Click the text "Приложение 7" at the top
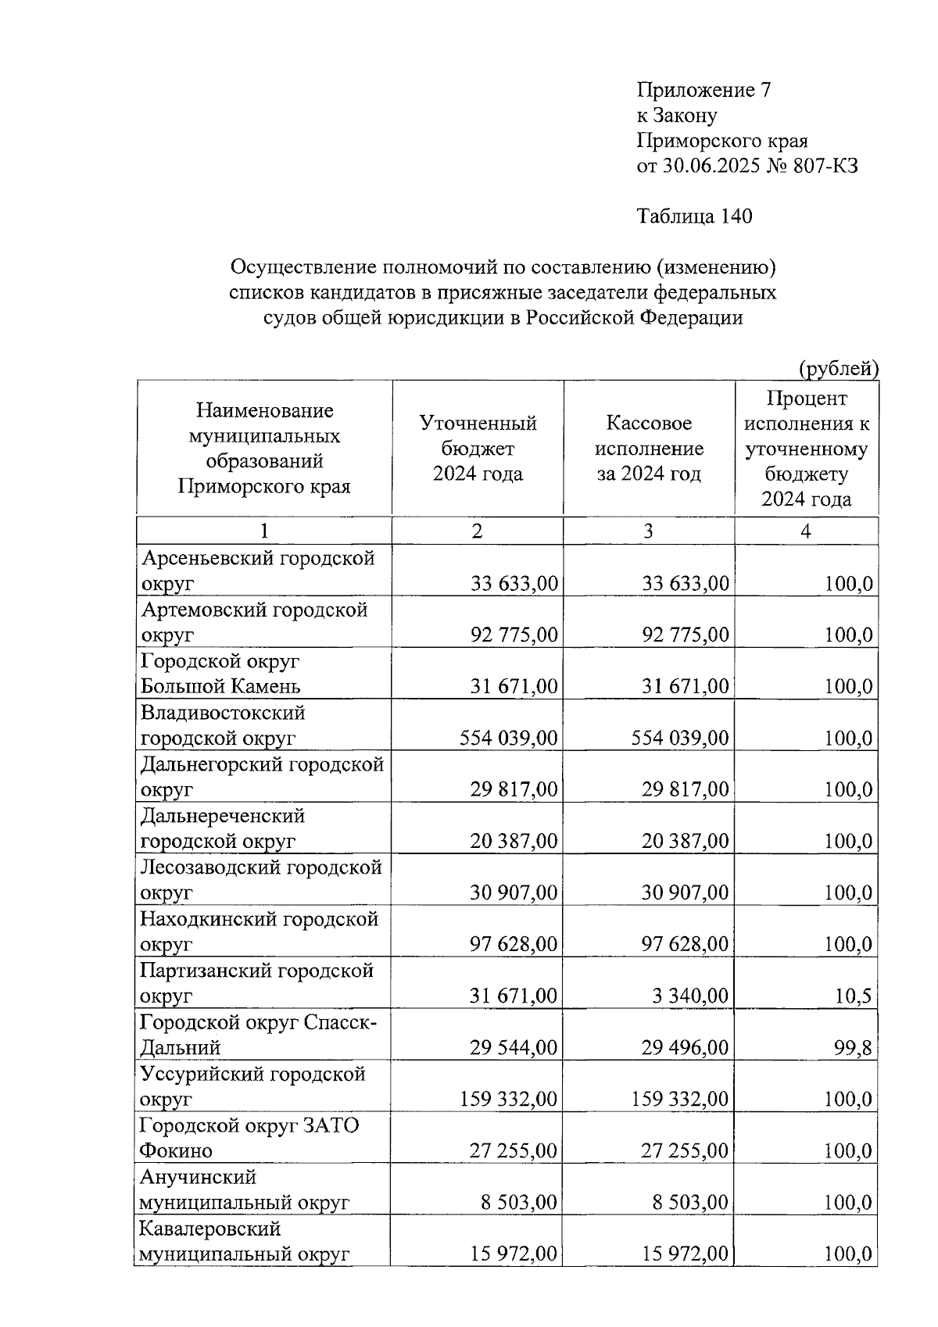pyautogui.click(x=704, y=91)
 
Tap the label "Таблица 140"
pyautogui.click(x=694, y=216)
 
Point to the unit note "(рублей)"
pyautogui.click(x=839, y=368)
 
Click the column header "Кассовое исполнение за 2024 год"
pyautogui.click(x=649, y=449)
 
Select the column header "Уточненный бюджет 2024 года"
pyautogui.click(x=478, y=449)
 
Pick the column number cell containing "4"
pyautogui.click(x=806, y=531)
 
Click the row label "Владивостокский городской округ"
pyautogui.click(x=223, y=725)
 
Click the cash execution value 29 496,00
pyautogui.click(x=685, y=1047)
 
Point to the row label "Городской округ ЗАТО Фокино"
pyautogui.click(x=249, y=1138)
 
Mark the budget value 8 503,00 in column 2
pyautogui.click(x=519, y=1202)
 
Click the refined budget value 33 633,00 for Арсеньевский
pyautogui.click(x=514, y=584)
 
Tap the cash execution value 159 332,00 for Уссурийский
pyautogui.click(x=680, y=1099)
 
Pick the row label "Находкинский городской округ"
pyautogui.click(x=259, y=932)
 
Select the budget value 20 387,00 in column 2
pyautogui.click(x=514, y=841)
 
